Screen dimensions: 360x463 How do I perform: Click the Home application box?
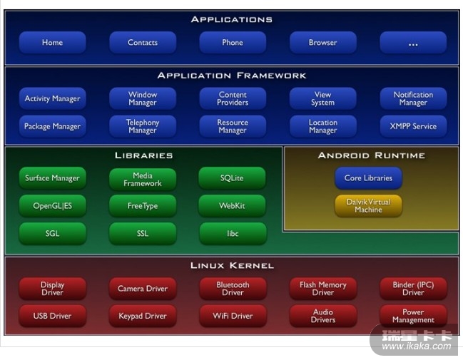pyautogui.click(x=52, y=43)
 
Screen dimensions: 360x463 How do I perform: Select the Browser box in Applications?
pyautogui.click(x=322, y=43)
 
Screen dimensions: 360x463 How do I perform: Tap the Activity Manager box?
pyautogui.click(x=52, y=98)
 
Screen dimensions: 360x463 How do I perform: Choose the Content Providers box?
pyautogui.click(x=233, y=98)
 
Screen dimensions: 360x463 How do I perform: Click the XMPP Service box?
pyautogui.click(x=413, y=126)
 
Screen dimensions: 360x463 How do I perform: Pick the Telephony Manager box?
pyautogui.click(x=143, y=126)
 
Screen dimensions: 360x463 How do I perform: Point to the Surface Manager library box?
pyautogui.click(x=52, y=178)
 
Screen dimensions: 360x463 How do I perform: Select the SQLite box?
pyautogui.click(x=232, y=178)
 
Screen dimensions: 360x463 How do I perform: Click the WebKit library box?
pyautogui.click(x=232, y=206)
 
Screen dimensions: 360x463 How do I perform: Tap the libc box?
pyautogui.click(x=232, y=233)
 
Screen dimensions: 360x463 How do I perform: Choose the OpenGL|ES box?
pyautogui.click(x=52, y=206)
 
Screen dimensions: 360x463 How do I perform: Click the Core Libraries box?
pyautogui.click(x=368, y=178)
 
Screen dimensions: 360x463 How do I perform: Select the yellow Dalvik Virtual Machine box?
pyautogui.click(x=368, y=206)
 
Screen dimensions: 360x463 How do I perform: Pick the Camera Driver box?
pyautogui.click(x=143, y=289)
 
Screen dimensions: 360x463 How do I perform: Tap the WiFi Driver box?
pyautogui.click(x=233, y=316)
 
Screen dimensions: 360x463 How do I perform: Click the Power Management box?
pyautogui.click(x=413, y=316)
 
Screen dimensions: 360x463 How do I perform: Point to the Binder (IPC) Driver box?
pyautogui.click(x=413, y=289)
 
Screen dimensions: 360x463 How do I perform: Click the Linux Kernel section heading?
pyautogui.click(x=232, y=266)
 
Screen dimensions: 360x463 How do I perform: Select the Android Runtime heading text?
pyautogui.click(x=371, y=155)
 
